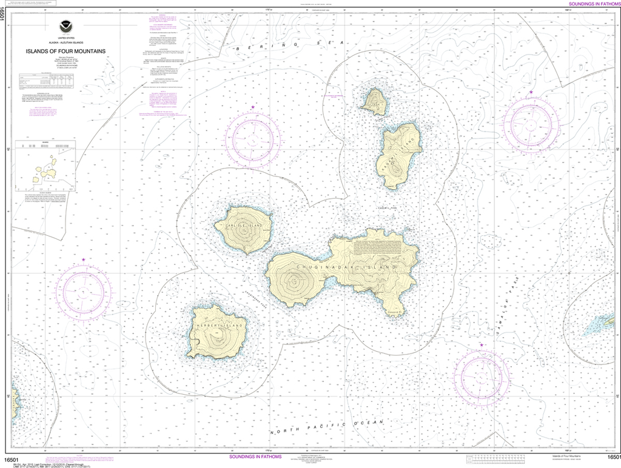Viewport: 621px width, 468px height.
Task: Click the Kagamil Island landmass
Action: (x=398, y=155)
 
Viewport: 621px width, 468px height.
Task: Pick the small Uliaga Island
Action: (x=374, y=101)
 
